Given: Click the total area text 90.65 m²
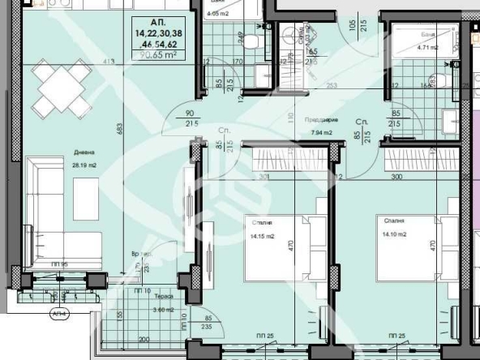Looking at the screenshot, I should coord(159,55).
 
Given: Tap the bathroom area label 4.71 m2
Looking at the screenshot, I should coord(427,48).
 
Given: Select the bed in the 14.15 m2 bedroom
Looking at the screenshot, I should coord(276,242).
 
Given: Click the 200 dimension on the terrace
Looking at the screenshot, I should coord(144,338).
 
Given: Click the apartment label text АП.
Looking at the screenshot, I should coord(159,22).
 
